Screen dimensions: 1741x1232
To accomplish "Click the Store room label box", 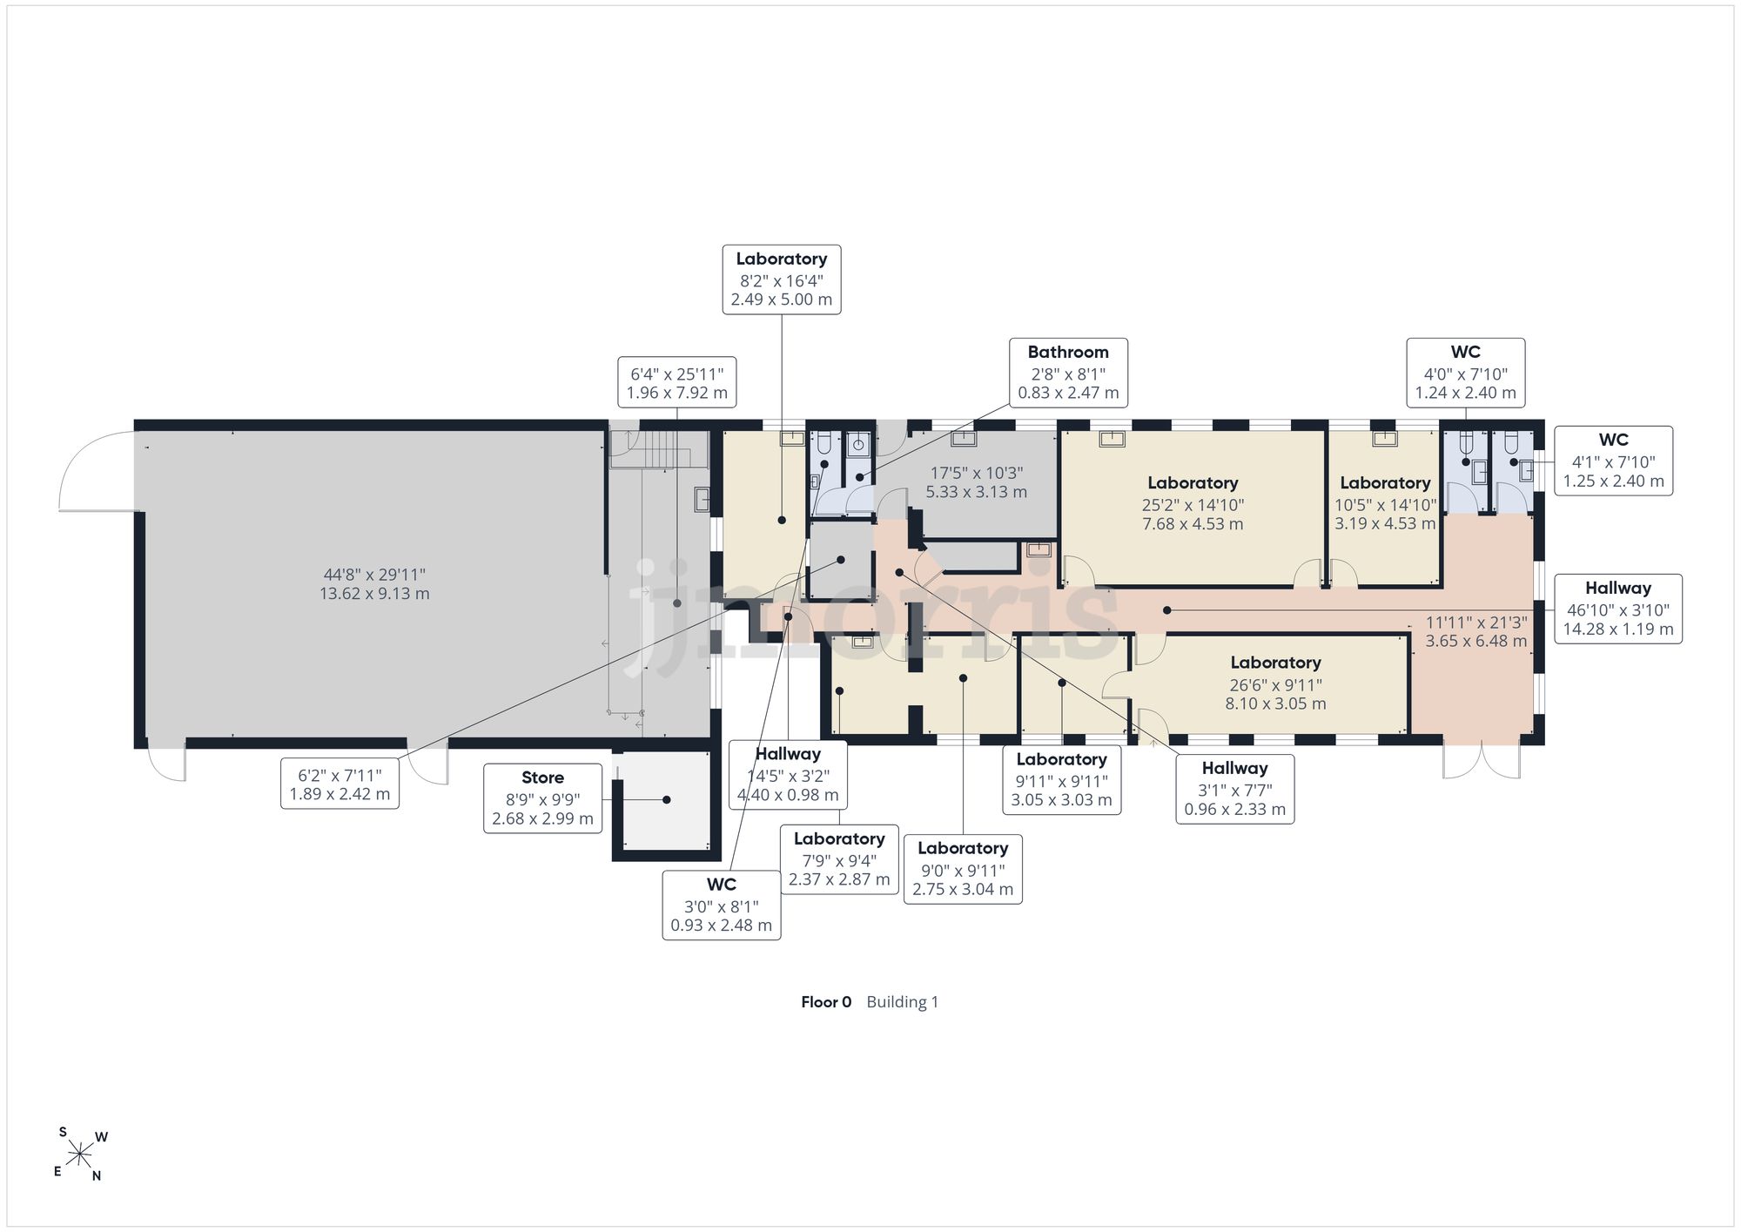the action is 542,798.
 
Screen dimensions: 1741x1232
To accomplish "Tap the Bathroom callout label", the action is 1068,373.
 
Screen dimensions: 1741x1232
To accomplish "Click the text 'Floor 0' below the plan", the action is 826,1002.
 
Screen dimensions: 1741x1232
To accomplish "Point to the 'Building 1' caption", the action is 903,1002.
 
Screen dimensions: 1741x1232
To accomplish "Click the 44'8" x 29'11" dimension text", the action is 374,584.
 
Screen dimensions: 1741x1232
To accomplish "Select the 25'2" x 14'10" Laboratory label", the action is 1193,503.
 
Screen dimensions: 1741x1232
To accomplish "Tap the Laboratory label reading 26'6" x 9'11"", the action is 1275,683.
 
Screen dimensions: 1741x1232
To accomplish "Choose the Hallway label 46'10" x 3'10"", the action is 1618,609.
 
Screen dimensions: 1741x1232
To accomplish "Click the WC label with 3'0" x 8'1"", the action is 722,905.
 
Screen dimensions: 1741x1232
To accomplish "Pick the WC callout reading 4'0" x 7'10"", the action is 1466,373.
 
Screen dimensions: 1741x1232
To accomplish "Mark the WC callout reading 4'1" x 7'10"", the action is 1614,461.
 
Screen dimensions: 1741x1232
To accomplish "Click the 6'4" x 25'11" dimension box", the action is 677,382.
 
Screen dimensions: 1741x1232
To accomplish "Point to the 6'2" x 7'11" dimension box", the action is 339,784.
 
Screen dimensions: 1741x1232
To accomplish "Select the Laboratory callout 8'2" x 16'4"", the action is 782,279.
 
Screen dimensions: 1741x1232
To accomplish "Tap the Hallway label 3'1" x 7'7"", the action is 1234,789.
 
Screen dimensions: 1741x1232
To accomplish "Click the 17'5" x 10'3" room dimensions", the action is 977,482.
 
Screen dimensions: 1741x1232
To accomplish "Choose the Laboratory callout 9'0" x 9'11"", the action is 963,869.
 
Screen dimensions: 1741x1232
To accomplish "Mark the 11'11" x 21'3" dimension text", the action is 1476,632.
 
